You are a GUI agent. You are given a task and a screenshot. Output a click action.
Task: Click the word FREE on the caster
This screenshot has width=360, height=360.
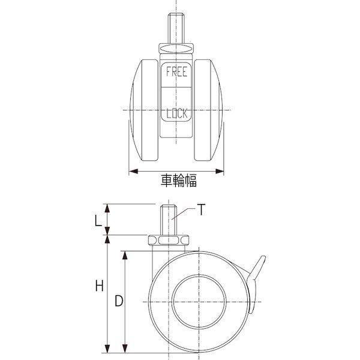176,71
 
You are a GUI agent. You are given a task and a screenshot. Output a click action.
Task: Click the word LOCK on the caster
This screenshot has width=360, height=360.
176,113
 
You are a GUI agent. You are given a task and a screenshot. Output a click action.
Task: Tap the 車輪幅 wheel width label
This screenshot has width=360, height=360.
179,181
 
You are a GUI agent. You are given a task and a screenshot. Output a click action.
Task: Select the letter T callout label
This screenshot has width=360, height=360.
201,209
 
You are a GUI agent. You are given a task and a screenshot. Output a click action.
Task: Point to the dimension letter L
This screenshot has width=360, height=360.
98,221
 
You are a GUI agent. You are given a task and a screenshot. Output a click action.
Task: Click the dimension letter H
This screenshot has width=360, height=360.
100,286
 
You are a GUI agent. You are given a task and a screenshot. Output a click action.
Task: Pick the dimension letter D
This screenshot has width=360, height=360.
119,301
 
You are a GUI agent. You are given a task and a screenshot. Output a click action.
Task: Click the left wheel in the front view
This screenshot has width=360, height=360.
144,110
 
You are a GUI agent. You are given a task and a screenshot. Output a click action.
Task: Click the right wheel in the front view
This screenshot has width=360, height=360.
208,110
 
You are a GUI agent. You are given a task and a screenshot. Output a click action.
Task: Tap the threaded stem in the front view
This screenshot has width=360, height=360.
176,28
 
